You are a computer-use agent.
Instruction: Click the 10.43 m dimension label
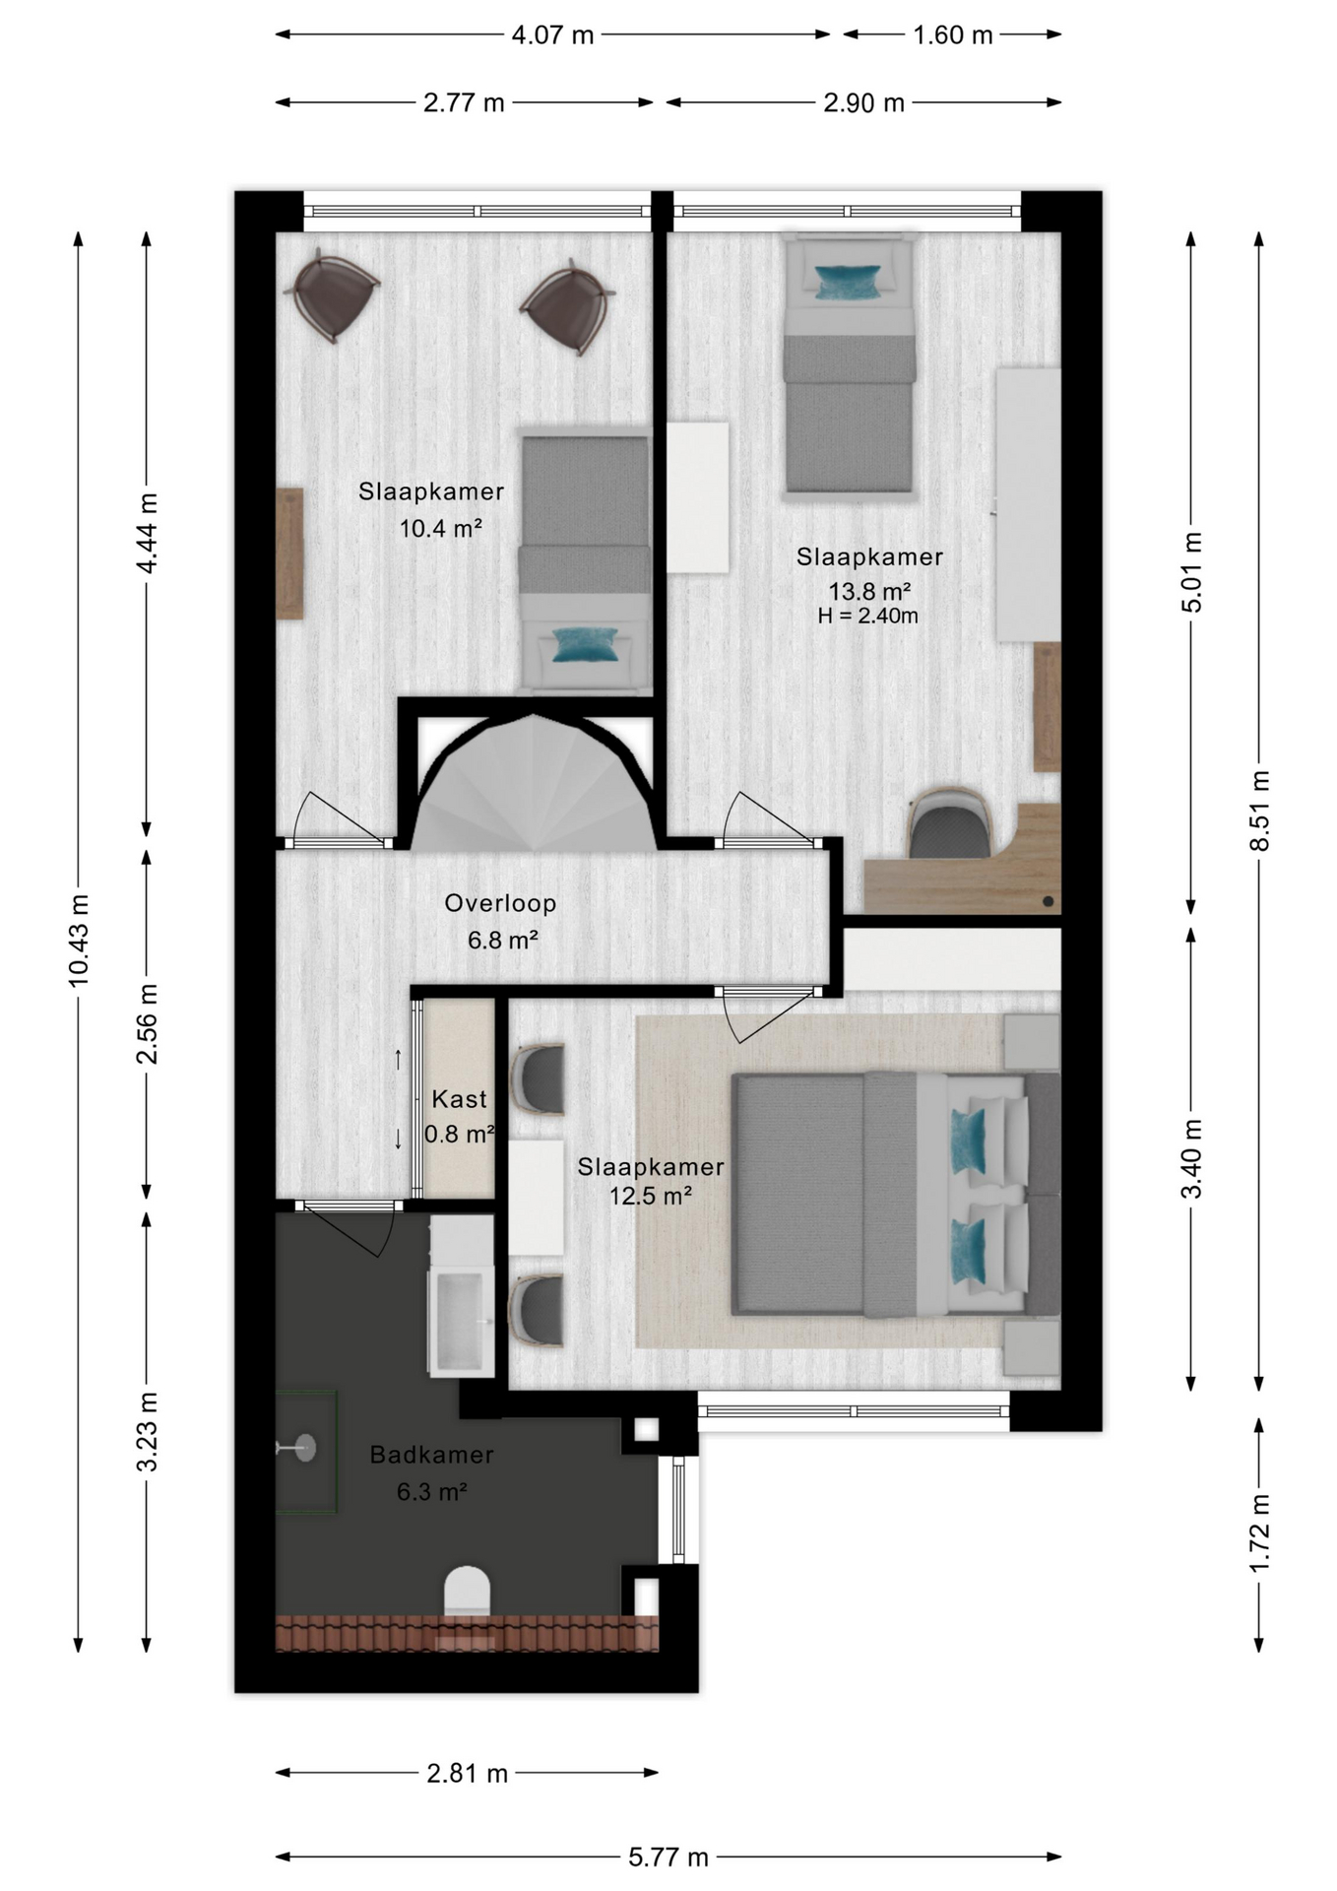(79, 940)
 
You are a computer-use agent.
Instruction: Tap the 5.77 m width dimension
(668, 1857)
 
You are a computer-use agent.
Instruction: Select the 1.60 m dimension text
(953, 35)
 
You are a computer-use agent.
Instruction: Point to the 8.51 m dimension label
(1259, 811)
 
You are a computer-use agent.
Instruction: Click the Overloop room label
(500, 903)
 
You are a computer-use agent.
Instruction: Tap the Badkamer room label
(431, 1455)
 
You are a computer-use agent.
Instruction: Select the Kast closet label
(459, 1099)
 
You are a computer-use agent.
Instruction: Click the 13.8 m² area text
(869, 591)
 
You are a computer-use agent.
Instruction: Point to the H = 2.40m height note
(868, 617)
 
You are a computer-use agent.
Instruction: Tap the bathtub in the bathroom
(461, 1294)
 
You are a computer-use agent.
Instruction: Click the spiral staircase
(533, 782)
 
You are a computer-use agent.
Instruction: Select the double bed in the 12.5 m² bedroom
(896, 1194)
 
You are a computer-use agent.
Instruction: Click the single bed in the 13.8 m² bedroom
(849, 362)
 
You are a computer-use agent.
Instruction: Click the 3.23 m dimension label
(147, 1431)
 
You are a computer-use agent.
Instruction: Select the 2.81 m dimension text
(468, 1774)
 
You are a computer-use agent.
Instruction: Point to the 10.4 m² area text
(440, 529)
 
